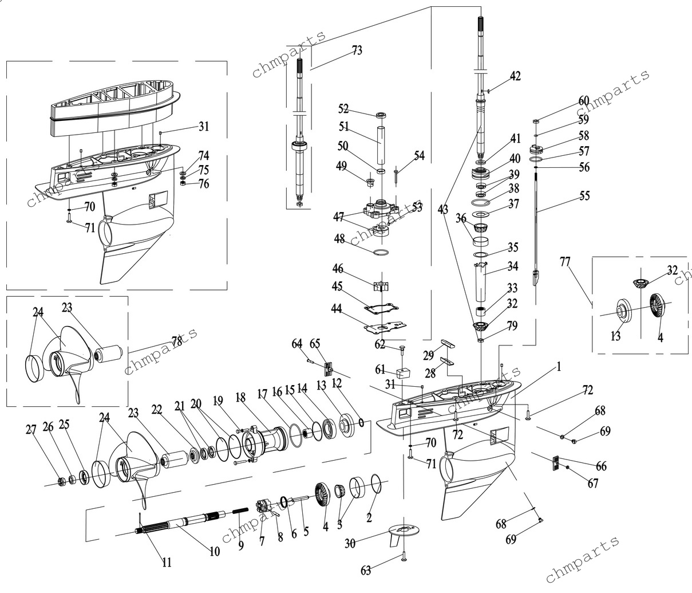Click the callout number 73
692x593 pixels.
(x=357, y=50)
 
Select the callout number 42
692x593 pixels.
(x=515, y=76)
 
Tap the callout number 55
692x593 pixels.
(x=584, y=196)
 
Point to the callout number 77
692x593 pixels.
(x=565, y=261)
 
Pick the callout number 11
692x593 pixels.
(x=167, y=562)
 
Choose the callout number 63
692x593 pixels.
(x=366, y=570)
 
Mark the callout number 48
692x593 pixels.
(x=339, y=239)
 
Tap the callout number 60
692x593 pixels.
(x=584, y=101)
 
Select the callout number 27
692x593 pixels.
(x=31, y=430)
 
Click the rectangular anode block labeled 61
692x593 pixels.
(x=403, y=374)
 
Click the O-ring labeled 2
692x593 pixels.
(x=376, y=484)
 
